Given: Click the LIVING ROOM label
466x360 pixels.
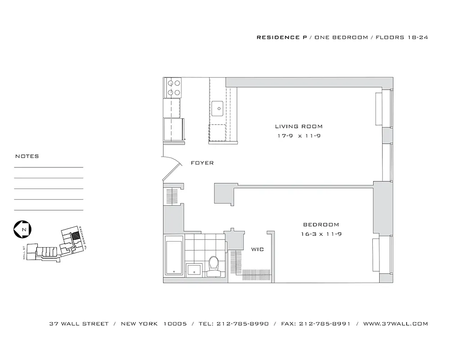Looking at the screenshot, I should [299, 126].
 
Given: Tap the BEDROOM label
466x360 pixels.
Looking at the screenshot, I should [321, 225].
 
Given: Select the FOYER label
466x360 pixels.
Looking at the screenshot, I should [202, 163].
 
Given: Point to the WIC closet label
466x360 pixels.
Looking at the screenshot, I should [258, 249].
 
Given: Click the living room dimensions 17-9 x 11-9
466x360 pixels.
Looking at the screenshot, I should [299, 135].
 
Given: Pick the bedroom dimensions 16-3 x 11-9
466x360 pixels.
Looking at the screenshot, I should [321, 234].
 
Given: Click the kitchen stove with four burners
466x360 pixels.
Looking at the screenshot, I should [173, 88].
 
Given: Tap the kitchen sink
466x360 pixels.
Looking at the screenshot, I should [218, 108].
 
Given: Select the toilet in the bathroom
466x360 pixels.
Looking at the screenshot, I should [213, 265].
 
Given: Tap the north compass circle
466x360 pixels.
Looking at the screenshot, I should [22, 229].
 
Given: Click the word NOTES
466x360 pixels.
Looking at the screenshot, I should [27, 156].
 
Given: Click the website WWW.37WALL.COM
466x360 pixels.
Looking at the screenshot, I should [395, 324].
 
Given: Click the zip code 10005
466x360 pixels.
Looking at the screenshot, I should [175, 324].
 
